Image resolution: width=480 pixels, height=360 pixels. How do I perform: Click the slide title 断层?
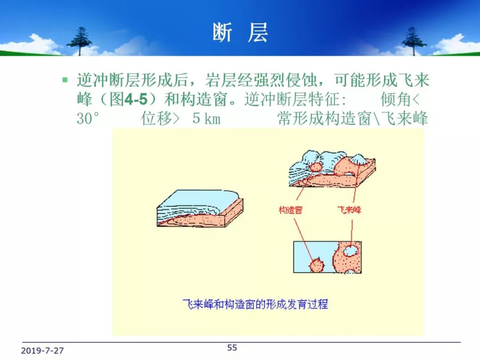tap(240, 32)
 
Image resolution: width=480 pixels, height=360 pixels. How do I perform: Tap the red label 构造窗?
tap(291, 210)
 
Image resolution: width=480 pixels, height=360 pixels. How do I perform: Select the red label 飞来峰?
tap(349, 210)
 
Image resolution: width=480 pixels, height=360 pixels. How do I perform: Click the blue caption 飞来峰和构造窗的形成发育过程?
tap(255, 304)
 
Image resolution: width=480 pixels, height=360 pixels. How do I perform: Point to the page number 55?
tap(232, 348)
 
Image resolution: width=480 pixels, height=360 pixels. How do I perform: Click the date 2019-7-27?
tap(42, 351)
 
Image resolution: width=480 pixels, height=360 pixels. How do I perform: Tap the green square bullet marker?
tap(65, 80)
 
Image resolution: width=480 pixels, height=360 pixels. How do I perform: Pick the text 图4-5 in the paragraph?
tap(128, 99)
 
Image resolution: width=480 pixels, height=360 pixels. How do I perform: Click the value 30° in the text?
tap(88, 119)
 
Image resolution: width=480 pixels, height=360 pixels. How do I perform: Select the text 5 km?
tap(206, 119)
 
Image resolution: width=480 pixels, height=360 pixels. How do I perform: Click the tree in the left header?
tap(80, 41)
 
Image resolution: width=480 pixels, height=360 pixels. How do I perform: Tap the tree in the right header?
tap(414, 41)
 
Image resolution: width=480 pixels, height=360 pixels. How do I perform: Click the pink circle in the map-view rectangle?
tap(316, 265)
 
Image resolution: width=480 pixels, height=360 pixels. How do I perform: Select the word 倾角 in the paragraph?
tap(396, 99)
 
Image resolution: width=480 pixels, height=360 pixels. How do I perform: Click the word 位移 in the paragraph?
tap(156, 119)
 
